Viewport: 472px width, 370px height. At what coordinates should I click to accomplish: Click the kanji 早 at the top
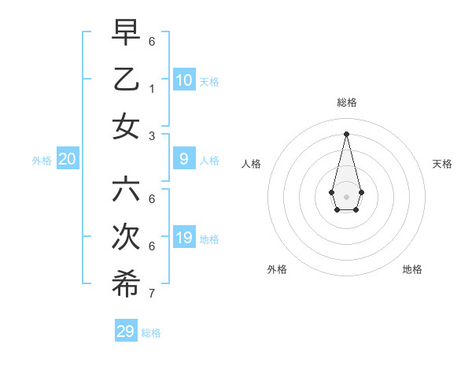click(126, 32)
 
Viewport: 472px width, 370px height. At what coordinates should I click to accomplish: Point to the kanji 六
click(126, 190)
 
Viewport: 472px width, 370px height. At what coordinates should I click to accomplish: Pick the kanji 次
click(126, 237)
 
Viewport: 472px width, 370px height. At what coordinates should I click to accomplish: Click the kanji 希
click(126, 284)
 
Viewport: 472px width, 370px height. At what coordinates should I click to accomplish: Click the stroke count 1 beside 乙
click(152, 89)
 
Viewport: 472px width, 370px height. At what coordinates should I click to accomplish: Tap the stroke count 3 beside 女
click(152, 136)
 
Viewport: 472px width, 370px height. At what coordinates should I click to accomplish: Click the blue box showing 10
click(183, 80)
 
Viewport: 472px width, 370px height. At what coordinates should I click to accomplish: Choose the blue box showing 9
click(183, 159)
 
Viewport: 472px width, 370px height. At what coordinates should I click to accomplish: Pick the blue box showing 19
click(183, 238)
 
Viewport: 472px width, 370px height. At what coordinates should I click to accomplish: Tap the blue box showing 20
click(68, 159)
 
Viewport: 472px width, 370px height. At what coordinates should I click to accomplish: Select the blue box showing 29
click(125, 331)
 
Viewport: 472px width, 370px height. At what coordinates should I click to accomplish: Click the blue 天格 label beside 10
click(209, 82)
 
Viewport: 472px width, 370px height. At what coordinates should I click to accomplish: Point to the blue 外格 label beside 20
click(42, 161)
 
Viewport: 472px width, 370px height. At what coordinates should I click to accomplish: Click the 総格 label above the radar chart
click(347, 102)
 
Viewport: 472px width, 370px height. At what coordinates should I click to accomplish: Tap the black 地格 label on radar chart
click(412, 269)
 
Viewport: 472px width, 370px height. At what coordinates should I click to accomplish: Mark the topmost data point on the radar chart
click(346, 133)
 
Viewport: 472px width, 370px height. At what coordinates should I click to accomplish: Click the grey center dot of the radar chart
click(346, 197)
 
